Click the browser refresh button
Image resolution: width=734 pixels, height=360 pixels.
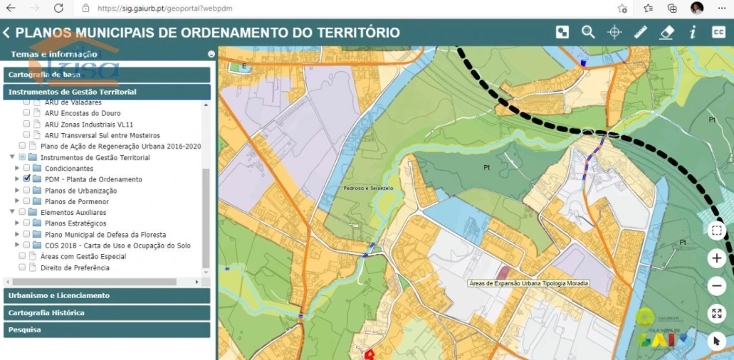[x=58, y=9]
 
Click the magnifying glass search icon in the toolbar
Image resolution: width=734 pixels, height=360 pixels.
[x=588, y=32]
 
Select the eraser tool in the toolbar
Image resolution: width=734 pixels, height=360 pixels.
[x=666, y=32]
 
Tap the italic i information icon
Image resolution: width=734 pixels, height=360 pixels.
[x=693, y=32]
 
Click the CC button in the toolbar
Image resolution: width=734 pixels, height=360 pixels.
[x=718, y=32]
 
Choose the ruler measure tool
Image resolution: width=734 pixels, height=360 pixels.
[x=640, y=32]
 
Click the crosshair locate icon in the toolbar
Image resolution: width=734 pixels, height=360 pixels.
[x=614, y=32]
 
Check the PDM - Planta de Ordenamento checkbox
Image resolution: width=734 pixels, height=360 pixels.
[x=27, y=179]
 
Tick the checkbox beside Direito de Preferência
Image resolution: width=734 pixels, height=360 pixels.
[x=23, y=268]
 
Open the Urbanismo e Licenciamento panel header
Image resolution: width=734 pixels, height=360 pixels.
[x=107, y=295]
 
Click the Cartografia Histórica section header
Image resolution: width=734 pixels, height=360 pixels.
[x=107, y=312]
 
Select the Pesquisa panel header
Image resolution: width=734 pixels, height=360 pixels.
[x=107, y=329]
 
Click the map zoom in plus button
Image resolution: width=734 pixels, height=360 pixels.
[x=717, y=258]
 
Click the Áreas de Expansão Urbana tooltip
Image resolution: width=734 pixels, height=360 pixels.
[x=529, y=283]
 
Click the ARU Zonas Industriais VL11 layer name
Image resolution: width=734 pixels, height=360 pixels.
[x=88, y=124]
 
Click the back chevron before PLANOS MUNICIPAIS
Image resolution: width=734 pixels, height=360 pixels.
[x=6, y=33]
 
